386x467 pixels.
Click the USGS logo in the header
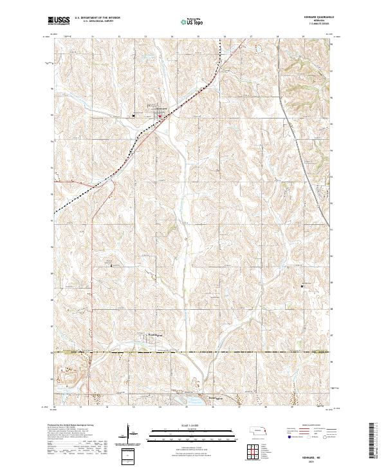(x=59, y=21)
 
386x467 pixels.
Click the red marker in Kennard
(x=160, y=116)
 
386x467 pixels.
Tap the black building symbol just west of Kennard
(x=134, y=115)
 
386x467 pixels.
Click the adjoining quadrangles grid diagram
(x=248, y=449)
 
